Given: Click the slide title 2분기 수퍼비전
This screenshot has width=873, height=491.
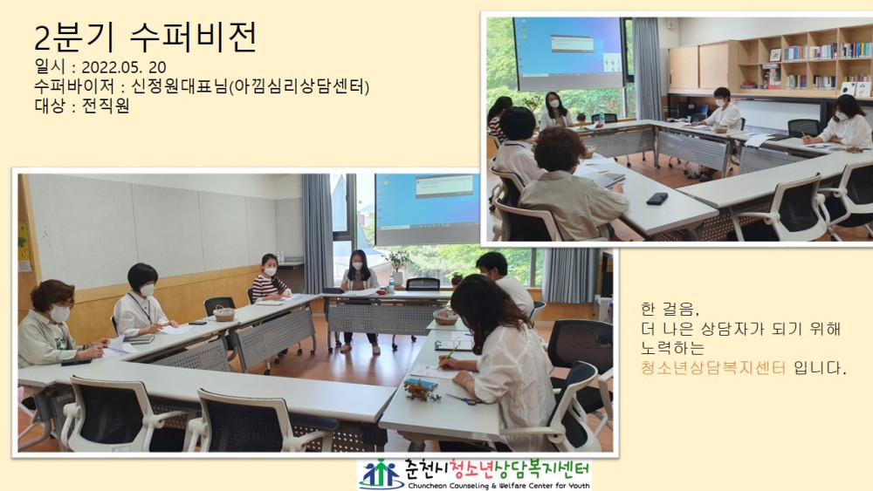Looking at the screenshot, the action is pyautogui.click(x=146, y=37).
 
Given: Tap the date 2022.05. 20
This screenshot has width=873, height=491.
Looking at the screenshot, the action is pyautogui.click(x=124, y=67).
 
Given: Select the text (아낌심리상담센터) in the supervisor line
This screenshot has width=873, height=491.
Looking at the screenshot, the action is pyautogui.click(x=299, y=86).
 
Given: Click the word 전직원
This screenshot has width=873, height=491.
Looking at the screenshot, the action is pyautogui.click(x=106, y=106).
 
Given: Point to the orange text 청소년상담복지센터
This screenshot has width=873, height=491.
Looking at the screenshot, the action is pyautogui.click(x=713, y=367).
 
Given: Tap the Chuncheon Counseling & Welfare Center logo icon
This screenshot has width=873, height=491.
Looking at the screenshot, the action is pyautogui.click(x=381, y=474).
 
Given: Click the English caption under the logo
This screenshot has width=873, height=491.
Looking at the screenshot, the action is pyautogui.click(x=498, y=486).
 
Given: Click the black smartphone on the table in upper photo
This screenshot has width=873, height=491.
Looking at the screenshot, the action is pyautogui.click(x=657, y=199).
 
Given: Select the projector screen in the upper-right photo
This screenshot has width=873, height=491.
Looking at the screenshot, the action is pyautogui.click(x=568, y=53).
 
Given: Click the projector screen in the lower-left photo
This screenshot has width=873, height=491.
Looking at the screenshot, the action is pyautogui.click(x=427, y=209).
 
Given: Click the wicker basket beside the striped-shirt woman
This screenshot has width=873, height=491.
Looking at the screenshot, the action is pyautogui.click(x=223, y=314).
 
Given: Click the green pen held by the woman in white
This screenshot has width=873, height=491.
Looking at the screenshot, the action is pyautogui.click(x=449, y=355).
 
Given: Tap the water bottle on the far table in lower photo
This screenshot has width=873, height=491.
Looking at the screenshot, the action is pyautogui.click(x=391, y=285).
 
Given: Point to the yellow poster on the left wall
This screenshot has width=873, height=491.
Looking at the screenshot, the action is pyautogui.click(x=23, y=242).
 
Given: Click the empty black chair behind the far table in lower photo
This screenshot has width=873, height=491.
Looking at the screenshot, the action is pyautogui.click(x=423, y=284).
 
